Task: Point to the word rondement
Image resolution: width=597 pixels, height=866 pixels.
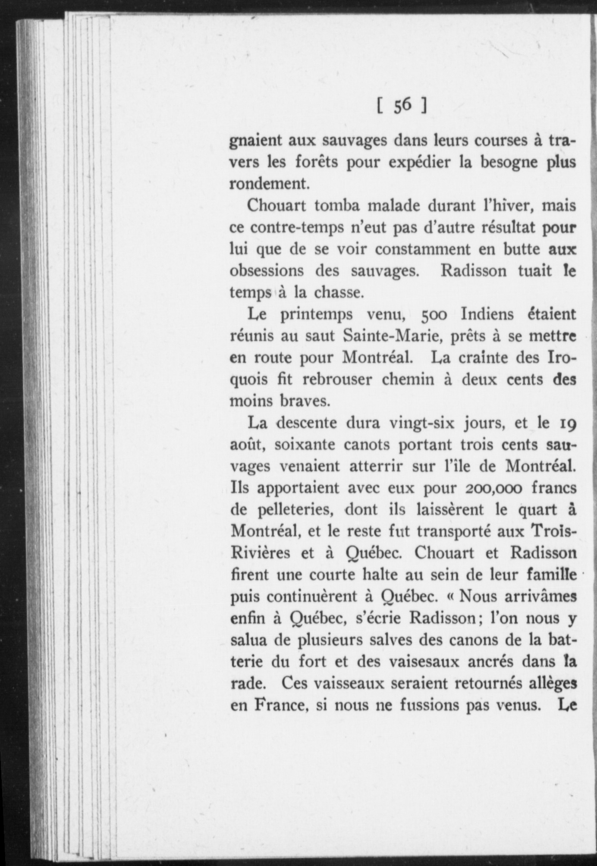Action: point(269,184)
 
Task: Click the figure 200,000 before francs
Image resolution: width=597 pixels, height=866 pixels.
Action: point(493,489)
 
